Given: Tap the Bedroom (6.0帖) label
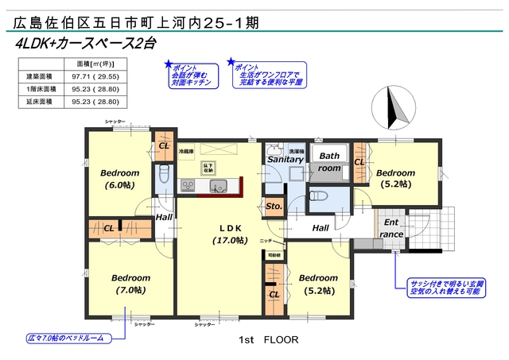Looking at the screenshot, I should (120, 179).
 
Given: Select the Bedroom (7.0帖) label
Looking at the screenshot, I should (130, 284).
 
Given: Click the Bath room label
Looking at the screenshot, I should (330, 162).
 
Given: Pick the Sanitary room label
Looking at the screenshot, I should (285, 160).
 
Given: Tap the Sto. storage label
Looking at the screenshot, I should (274, 208).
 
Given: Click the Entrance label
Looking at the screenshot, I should (390, 228).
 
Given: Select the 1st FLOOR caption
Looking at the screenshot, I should (268, 339).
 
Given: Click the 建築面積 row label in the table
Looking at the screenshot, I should (39, 75).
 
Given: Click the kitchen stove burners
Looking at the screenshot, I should (188, 186).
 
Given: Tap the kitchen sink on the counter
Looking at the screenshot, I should (218, 186).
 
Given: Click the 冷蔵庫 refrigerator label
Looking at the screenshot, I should (186, 149).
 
